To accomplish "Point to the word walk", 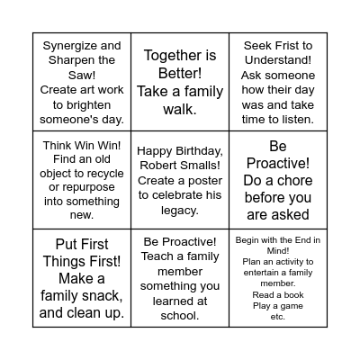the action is coord(179,110).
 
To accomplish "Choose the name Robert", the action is coord(157,166).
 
